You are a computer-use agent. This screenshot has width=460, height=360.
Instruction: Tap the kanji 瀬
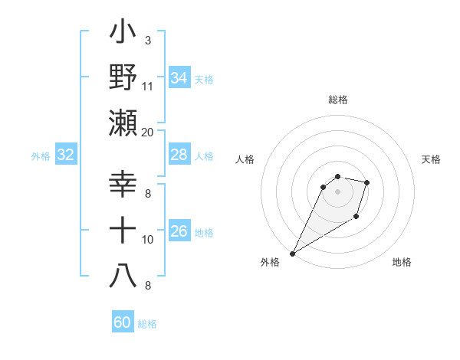(123, 123)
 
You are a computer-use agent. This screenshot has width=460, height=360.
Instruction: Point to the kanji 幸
(123, 185)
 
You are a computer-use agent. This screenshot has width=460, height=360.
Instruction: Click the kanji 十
(123, 231)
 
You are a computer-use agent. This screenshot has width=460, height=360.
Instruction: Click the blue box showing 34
(179, 78)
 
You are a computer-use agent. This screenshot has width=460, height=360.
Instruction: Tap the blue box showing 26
(179, 232)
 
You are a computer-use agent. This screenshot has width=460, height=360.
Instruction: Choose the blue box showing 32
(66, 155)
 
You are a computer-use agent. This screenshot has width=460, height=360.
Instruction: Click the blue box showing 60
(123, 322)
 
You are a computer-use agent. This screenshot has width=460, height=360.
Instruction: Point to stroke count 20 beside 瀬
(147, 132)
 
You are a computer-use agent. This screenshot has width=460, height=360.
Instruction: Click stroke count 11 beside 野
(147, 86)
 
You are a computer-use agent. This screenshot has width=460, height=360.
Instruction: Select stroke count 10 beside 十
(147, 240)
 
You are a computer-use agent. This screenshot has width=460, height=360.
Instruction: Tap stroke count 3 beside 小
(147, 40)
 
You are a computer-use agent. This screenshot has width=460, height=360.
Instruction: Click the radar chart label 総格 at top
(337, 100)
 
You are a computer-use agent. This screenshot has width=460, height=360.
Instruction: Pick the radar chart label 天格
(432, 159)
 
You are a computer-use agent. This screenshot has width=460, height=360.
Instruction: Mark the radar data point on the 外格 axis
(292, 254)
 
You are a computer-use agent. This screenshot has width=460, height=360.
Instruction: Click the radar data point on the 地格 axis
(356, 218)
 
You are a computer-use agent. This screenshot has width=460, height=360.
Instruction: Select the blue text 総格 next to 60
(147, 324)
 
